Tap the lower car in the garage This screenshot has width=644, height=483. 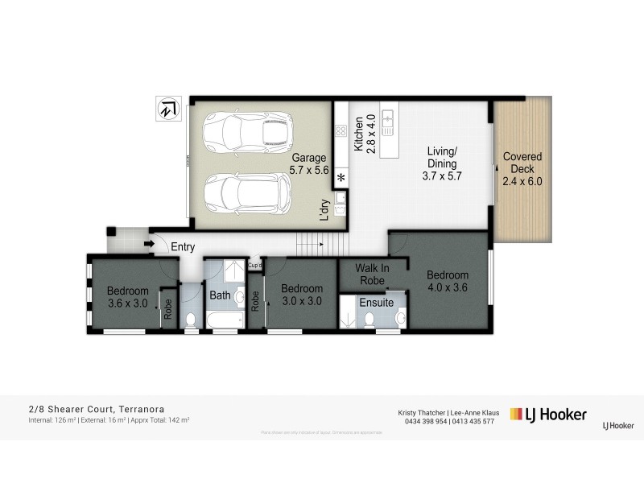(x=247, y=192)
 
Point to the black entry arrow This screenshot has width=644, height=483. (x=150, y=244)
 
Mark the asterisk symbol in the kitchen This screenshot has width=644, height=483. (x=341, y=178)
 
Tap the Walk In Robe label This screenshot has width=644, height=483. (x=371, y=275)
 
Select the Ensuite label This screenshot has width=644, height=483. (x=376, y=303)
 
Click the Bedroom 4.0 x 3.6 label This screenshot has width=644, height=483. (x=447, y=280)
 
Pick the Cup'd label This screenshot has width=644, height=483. (x=255, y=265)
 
